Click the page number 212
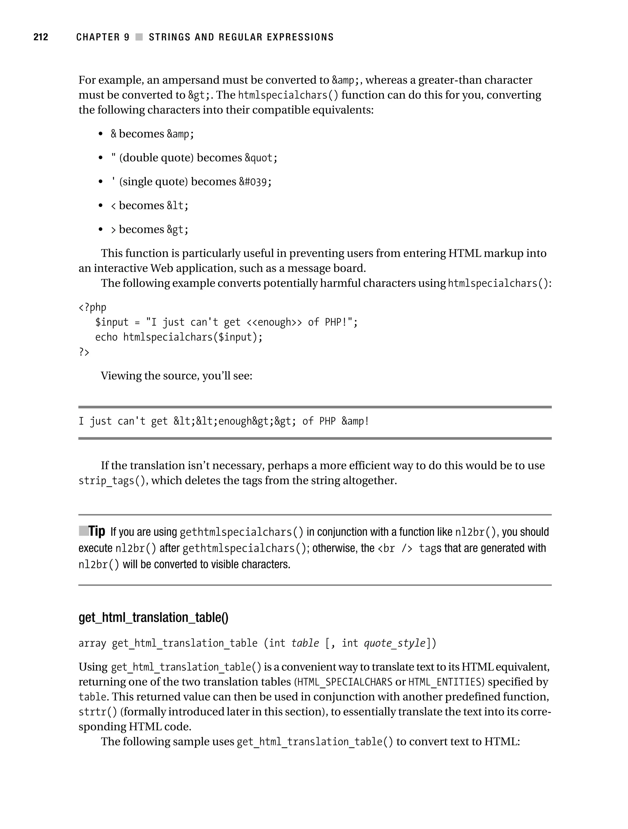(41, 37)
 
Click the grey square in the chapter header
(139, 37)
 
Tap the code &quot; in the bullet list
(261, 158)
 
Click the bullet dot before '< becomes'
(100, 206)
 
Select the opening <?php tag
(92, 308)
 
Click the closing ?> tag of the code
(84, 352)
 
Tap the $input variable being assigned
(112, 323)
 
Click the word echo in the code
(106, 338)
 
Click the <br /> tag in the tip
(395, 549)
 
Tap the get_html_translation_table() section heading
(153, 617)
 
